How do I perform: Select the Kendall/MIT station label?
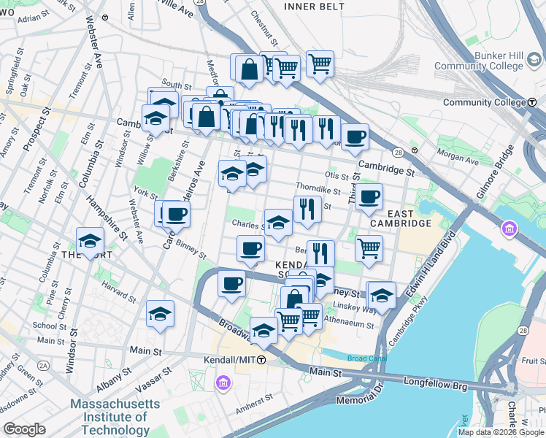229,361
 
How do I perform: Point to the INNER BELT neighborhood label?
313,7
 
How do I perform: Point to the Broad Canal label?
363,358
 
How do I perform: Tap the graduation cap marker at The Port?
90,240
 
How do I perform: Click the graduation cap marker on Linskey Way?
381,295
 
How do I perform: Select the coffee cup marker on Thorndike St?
369,196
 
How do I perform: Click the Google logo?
25,429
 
